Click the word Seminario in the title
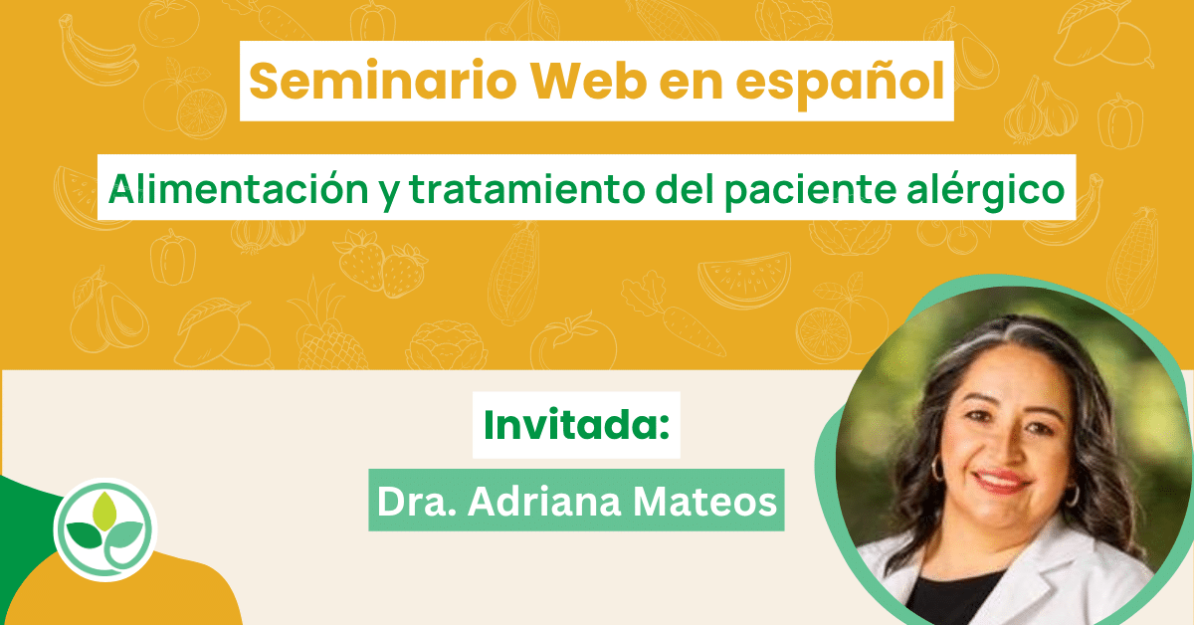click(383, 81)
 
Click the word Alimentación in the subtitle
click(238, 189)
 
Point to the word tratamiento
click(527, 190)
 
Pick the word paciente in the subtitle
click(810, 192)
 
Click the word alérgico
click(986, 192)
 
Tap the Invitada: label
click(576, 425)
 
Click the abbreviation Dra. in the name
click(417, 502)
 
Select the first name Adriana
click(544, 502)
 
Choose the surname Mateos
click(704, 502)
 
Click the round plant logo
click(105, 529)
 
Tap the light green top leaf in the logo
click(104, 511)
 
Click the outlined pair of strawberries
click(380, 264)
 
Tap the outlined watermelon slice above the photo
click(744, 279)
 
